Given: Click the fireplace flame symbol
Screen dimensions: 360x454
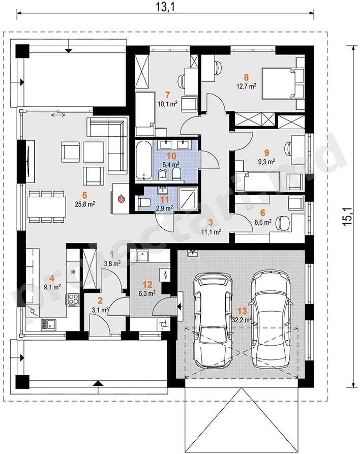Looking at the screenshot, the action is pyautogui.click(x=121, y=199).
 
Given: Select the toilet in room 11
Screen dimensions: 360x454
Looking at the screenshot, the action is pyautogui.click(x=142, y=202).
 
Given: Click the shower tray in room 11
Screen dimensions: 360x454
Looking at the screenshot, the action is pyautogui.click(x=188, y=199).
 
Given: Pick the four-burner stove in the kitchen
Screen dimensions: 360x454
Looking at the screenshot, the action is pyautogui.click(x=73, y=300).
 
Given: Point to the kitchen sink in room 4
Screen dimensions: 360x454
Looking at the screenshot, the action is pyautogui.click(x=49, y=324).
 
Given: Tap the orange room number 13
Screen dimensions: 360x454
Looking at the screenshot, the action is pyautogui.click(x=242, y=311).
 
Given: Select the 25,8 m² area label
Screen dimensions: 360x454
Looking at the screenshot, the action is pyautogui.click(x=85, y=204).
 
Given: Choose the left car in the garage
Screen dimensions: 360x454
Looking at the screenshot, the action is pyautogui.click(x=214, y=320).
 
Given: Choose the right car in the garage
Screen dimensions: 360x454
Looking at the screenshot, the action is pyautogui.click(x=271, y=318).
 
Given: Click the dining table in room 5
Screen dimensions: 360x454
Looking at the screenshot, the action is pyautogui.click(x=46, y=206).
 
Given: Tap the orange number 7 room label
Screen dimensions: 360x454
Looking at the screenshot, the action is pyautogui.click(x=167, y=95).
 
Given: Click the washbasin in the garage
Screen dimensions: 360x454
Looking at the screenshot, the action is pyautogui.click(x=192, y=253).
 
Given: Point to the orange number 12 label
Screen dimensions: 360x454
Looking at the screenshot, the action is pyautogui.click(x=147, y=285).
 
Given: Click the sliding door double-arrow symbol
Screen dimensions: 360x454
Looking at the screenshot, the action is pyautogui.click(x=58, y=115).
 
